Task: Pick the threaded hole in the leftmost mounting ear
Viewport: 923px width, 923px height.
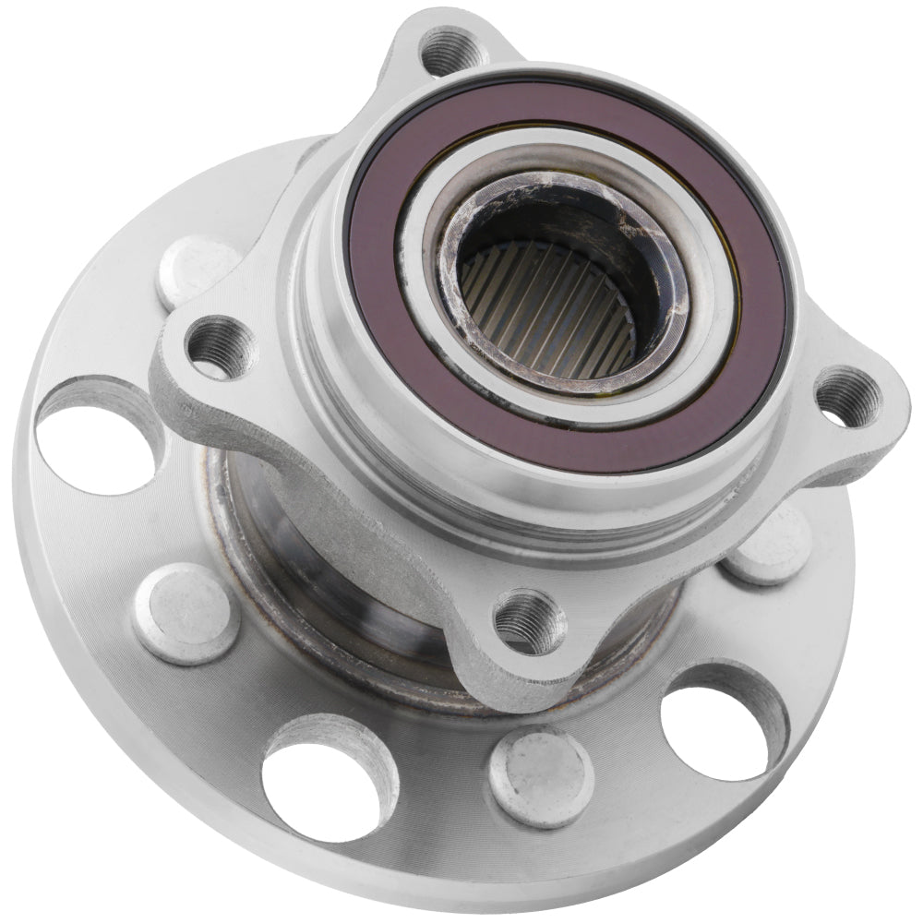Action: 218,346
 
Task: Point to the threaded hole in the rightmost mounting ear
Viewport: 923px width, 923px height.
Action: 845,397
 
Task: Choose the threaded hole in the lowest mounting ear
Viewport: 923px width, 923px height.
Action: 528,619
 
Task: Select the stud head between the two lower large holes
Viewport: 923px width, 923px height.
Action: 540,772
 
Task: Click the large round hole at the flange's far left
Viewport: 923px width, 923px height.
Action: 88,443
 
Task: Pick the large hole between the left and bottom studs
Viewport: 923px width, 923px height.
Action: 328,775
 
